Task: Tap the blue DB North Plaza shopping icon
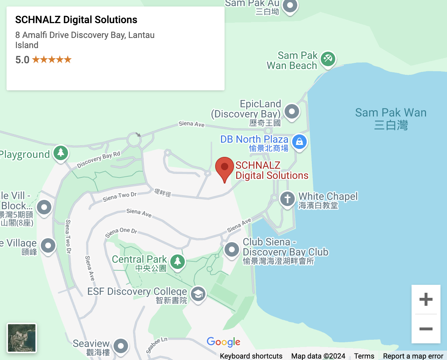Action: (x=299, y=142)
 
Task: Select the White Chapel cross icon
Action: (x=288, y=198)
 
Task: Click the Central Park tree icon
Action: (x=177, y=261)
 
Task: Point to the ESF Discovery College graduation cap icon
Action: (x=198, y=294)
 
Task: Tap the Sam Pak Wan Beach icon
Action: (x=328, y=59)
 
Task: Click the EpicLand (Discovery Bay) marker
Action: (x=292, y=112)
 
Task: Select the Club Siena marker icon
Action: (x=232, y=249)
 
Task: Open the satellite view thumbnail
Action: (x=22, y=338)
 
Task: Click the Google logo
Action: (x=223, y=342)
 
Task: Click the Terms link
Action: (x=364, y=356)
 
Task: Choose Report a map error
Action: (x=413, y=356)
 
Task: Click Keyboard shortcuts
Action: (x=251, y=356)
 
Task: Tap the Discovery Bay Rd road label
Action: (x=98, y=160)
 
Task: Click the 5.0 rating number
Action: (x=22, y=60)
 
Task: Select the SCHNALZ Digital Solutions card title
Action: (x=76, y=20)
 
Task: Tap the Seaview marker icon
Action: (x=121, y=346)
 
